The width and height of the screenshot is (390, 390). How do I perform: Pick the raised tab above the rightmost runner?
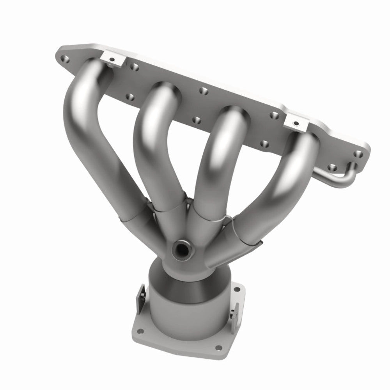pos(296,122)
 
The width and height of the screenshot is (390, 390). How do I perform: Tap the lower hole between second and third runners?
pos(196,119)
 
